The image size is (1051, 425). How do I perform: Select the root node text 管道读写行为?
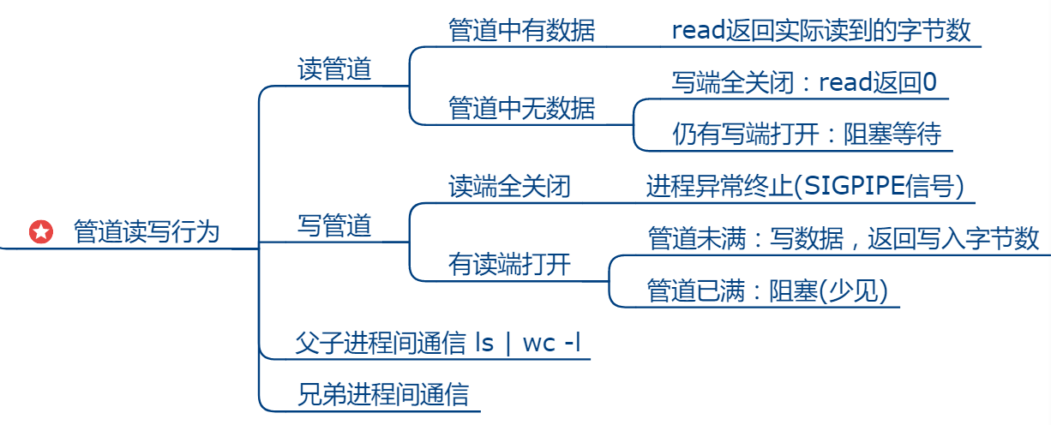click(147, 231)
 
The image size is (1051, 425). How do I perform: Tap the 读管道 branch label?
click(334, 69)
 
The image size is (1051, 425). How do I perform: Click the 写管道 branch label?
click(334, 225)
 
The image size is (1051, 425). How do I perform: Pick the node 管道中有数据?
click(521, 31)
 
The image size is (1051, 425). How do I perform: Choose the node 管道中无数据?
click(521, 108)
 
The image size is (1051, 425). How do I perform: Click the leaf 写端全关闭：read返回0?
click(804, 83)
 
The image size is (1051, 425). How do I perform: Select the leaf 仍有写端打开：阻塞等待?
click(806, 134)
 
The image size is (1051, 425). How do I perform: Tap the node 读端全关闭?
click(509, 187)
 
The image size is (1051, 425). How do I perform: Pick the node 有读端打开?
click(509, 265)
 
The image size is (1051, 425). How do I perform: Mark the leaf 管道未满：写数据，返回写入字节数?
click(844, 238)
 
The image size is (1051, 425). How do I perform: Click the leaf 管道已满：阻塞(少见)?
click(767, 290)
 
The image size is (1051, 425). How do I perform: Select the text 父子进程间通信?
click(381, 343)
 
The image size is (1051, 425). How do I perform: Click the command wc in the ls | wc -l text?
click(539, 343)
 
